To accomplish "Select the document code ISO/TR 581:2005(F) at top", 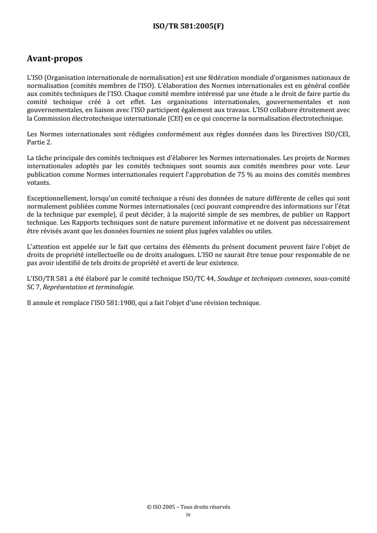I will (188, 27).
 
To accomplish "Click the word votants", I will (38, 168).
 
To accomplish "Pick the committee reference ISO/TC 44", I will (193, 280).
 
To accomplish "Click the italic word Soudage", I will (229, 280).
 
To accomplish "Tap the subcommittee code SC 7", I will (34, 287).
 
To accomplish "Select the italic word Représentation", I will (62, 287).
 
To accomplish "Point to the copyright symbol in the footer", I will (149, 507).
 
